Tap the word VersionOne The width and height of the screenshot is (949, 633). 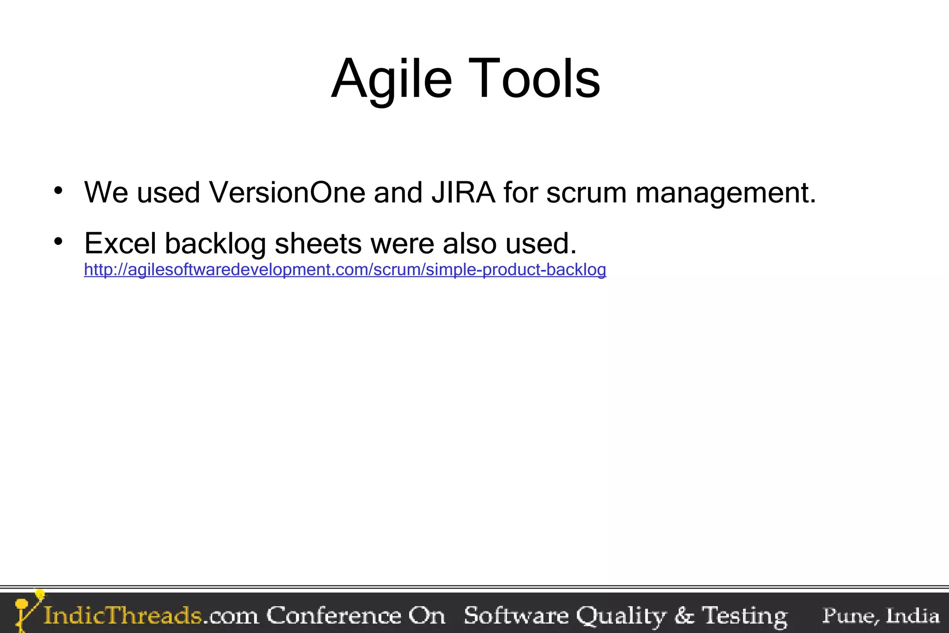[287, 192]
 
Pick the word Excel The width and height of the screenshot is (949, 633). [120, 243]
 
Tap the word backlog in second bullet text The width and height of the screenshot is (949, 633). [215, 244]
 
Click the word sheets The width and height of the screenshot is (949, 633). [318, 243]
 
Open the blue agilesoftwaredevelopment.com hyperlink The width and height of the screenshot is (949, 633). [345, 269]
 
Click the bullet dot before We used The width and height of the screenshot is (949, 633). [58, 191]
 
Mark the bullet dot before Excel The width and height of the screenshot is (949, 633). [58, 241]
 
